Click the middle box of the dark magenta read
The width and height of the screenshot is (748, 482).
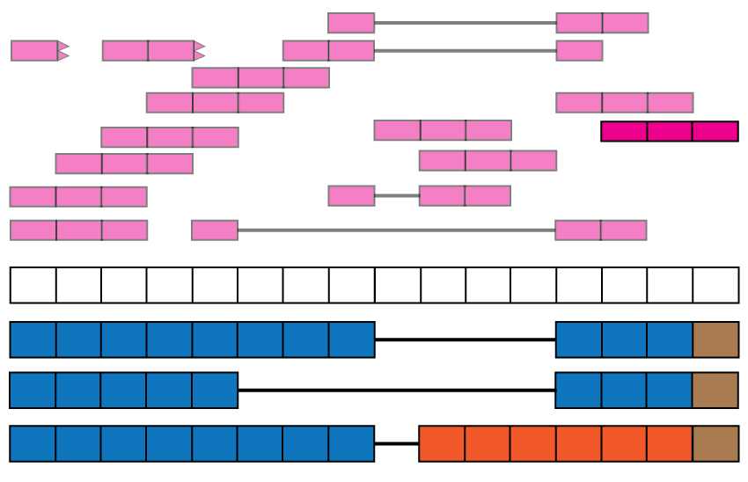(670, 131)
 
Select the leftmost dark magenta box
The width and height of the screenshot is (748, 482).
(624, 131)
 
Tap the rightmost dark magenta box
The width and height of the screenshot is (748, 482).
(715, 131)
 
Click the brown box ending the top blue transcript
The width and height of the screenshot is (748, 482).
(715, 340)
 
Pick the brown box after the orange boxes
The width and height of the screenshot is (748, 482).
(715, 443)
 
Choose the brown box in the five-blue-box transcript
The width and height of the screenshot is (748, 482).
(715, 391)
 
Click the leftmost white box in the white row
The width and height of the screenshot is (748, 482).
(33, 285)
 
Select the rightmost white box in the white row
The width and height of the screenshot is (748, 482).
(715, 285)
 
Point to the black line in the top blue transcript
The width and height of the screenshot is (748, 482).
(465, 340)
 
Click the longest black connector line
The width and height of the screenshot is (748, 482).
(396, 391)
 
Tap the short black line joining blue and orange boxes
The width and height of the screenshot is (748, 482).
(397, 443)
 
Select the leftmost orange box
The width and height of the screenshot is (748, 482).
(442, 443)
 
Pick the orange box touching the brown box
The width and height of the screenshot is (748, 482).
(670, 443)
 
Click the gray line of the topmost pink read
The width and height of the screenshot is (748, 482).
(465, 23)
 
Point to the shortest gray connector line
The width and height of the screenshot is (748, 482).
(397, 195)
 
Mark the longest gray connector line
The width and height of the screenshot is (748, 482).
(396, 230)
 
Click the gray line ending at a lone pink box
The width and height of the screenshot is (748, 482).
(465, 50)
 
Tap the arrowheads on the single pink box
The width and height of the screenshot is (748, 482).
(63, 51)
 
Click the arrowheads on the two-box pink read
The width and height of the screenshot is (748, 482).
(200, 51)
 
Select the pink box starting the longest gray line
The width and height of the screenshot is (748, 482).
(215, 230)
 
